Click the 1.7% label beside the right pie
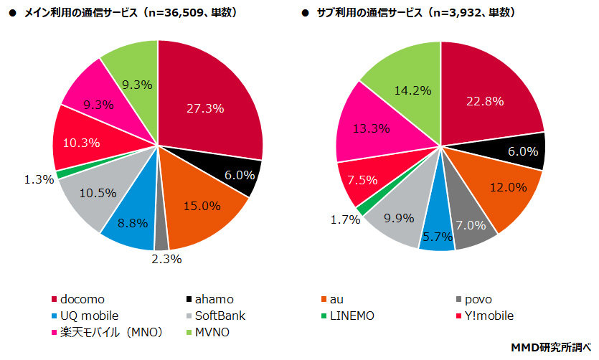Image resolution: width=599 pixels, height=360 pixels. point(344,219)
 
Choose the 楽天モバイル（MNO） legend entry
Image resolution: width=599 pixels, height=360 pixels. point(108,332)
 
